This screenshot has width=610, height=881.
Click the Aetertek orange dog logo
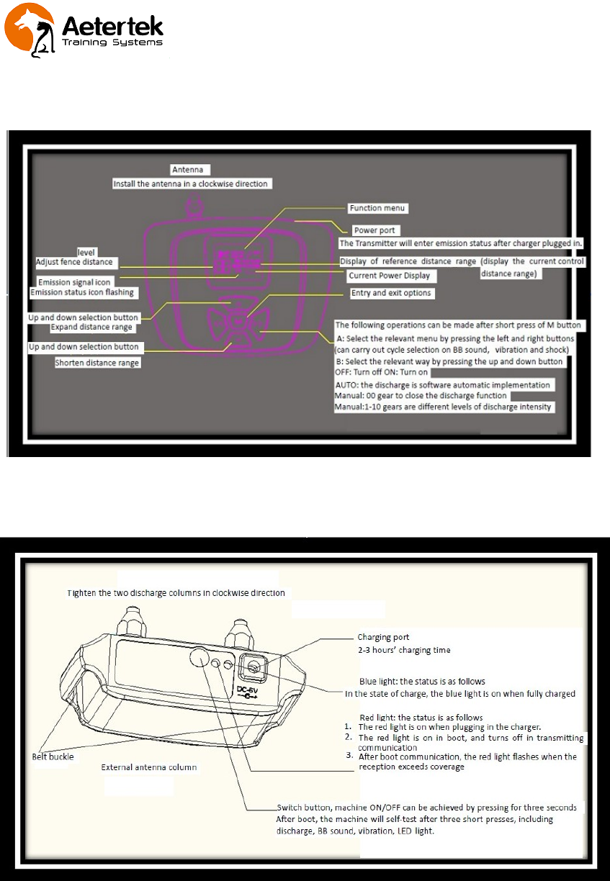[x=30, y=30]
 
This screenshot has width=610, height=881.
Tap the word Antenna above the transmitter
[x=190, y=170]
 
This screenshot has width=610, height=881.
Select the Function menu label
[x=378, y=208]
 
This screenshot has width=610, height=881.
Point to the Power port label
[x=373, y=230]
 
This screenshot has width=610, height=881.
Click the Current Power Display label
[x=389, y=276]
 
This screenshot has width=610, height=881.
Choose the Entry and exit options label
[x=391, y=293]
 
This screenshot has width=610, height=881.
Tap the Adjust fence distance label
[x=74, y=262]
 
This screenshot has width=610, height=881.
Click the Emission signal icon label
[x=74, y=282]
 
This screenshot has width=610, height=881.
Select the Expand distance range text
[x=91, y=327]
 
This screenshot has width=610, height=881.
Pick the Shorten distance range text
[x=97, y=363]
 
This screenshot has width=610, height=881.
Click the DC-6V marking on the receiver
[x=246, y=691]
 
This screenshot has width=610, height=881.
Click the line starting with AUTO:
[x=443, y=385]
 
